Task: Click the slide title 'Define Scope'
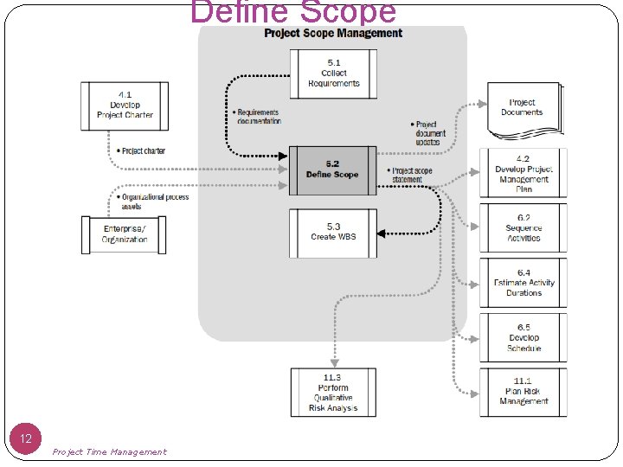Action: (293, 12)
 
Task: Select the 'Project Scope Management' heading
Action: (333, 34)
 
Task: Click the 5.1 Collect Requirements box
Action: (333, 74)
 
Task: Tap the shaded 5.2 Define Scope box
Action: (333, 170)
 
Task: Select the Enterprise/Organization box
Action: (125, 233)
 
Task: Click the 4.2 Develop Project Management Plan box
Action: (523, 174)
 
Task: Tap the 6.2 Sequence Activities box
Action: (523, 227)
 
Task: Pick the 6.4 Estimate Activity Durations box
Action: (523, 283)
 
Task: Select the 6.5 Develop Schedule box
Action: (523, 337)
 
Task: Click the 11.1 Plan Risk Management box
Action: (523, 392)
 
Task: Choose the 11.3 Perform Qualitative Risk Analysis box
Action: (333, 393)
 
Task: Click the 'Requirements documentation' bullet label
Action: (257, 117)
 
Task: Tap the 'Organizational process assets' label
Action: (153, 202)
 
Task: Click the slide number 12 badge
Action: (26, 439)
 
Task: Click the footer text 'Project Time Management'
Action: (109, 452)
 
